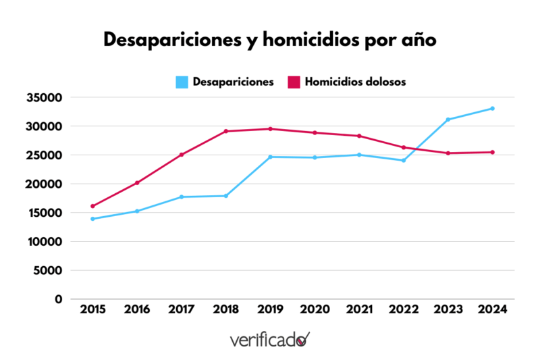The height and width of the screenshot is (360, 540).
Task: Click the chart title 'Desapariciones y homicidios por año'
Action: [270, 40]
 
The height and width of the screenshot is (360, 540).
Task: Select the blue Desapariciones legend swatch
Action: [182, 82]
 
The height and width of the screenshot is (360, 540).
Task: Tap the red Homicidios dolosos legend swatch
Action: [294, 82]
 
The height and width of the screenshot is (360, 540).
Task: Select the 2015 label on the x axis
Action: [92, 309]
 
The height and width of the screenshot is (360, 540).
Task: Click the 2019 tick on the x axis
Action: [270, 309]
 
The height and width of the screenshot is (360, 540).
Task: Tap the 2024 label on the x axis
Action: [492, 309]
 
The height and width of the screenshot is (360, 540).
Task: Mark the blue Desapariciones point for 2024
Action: [492, 108]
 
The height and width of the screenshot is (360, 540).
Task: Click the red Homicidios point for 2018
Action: [225, 131]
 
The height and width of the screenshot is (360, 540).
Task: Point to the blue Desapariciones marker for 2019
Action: [270, 157]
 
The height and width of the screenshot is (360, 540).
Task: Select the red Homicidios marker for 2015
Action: [92, 206]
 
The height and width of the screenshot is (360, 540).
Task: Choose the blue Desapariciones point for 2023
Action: [448, 120]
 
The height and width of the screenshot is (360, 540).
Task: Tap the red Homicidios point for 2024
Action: [492, 152]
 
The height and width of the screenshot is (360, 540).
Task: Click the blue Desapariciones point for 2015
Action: [92, 219]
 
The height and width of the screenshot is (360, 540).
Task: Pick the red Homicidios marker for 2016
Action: [137, 183]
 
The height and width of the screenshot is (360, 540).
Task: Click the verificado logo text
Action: [269, 339]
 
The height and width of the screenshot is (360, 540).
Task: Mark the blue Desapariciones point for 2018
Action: [225, 196]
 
